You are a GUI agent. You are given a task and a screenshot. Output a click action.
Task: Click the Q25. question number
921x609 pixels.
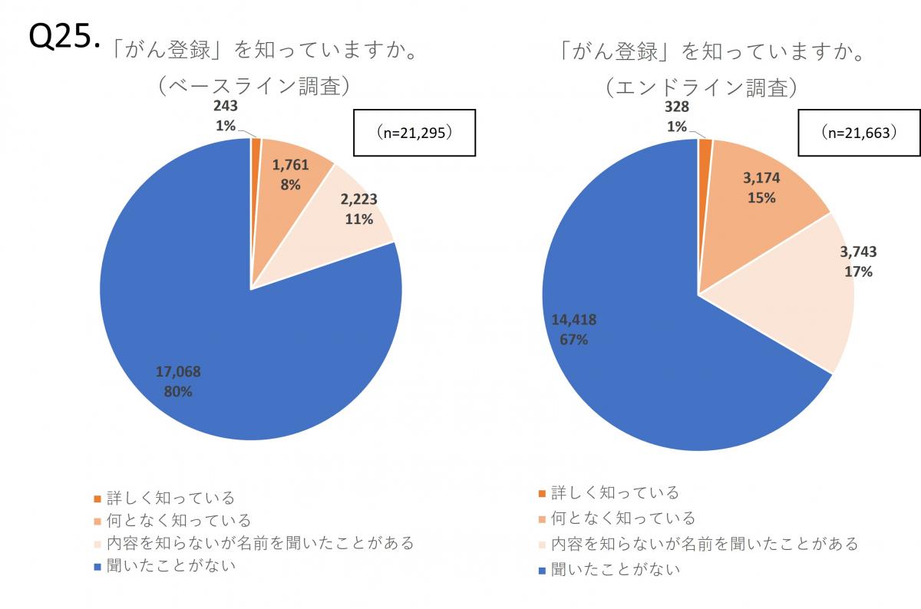point(64,38)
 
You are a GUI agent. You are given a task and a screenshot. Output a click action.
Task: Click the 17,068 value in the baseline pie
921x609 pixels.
point(178,372)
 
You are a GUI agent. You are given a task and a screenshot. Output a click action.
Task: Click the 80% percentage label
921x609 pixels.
point(178,391)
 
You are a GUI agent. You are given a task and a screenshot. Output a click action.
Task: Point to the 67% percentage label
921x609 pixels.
point(573,339)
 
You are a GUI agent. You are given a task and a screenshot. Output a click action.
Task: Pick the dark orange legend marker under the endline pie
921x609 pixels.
point(542,492)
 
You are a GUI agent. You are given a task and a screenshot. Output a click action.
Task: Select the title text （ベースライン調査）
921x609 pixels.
point(254,87)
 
